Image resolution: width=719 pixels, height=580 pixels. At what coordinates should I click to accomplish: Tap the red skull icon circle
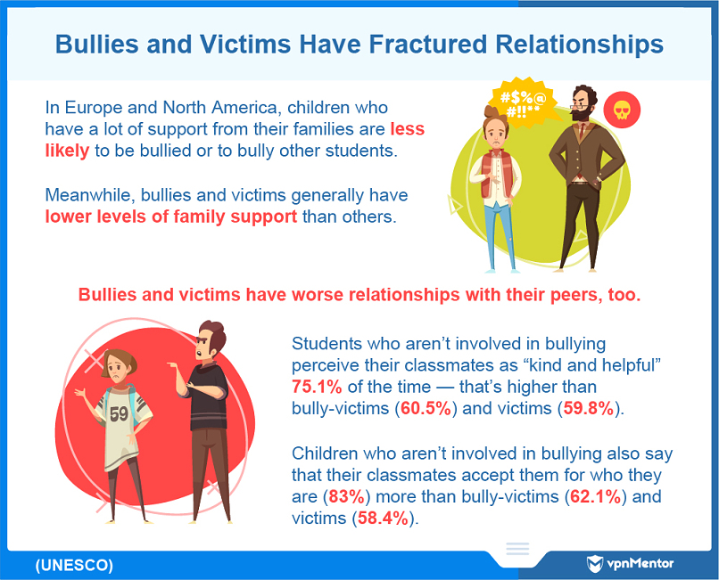[622, 110]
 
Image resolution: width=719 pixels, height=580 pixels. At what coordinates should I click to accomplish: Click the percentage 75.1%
[317, 387]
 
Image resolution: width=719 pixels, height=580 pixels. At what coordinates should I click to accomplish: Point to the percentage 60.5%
[426, 408]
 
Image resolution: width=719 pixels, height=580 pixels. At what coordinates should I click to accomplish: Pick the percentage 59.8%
[589, 408]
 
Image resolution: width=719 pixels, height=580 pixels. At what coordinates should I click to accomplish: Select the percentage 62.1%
[595, 496]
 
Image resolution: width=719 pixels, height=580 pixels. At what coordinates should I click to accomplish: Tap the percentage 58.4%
[383, 519]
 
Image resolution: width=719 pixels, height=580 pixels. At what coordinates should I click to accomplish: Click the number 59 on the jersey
[119, 414]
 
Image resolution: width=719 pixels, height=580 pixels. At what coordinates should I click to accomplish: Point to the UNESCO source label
[74, 566]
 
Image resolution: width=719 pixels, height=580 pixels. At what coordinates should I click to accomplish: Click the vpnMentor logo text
[640, 563]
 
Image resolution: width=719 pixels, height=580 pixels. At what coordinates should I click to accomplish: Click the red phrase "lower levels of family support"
[171, 216]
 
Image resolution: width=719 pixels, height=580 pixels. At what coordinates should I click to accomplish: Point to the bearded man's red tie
[582, 131]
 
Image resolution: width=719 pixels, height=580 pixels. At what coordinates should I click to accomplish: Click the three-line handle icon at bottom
[517, 549]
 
